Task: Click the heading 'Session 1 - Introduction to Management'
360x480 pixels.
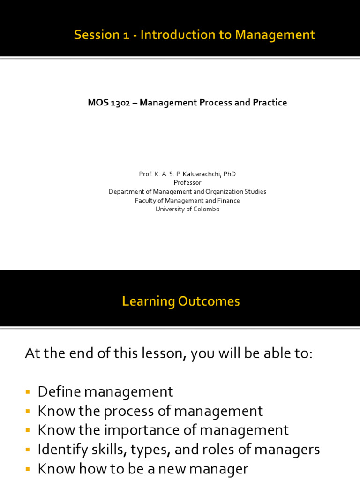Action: point(195,35)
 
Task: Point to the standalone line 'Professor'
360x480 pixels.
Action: point(187,183)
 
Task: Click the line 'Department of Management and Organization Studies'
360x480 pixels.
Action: point(187,192)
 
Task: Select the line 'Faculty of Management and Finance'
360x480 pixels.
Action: point(187,201)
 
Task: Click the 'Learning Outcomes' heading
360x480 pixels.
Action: point(181,301)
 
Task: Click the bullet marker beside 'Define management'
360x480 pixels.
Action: point(28,392)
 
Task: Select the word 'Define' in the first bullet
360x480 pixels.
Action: point(59,392)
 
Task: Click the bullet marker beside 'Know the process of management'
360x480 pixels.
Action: point(28,412)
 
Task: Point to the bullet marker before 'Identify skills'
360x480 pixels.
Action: point(28,450)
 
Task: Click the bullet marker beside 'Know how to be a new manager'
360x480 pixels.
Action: point(28,469)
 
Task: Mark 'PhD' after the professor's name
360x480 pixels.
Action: point(230,174)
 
